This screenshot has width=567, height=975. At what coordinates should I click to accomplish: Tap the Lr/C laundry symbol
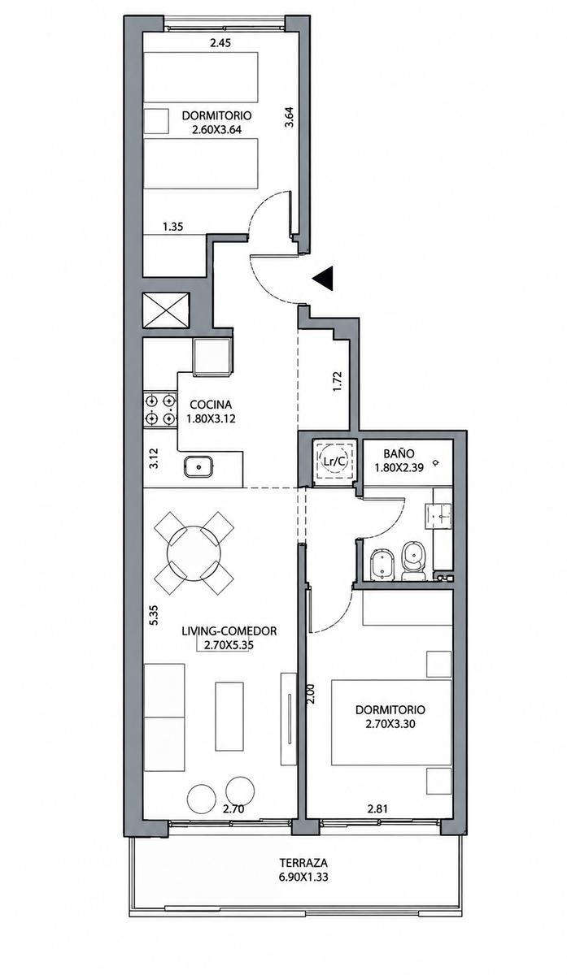[x=334, y=461]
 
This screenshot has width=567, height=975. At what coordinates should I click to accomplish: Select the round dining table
[x=193, y=552]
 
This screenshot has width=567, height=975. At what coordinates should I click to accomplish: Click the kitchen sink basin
[x=198, y=466]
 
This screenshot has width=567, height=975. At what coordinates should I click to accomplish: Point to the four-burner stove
[x=160, y=409]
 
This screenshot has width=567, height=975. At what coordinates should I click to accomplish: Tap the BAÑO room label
[x=399, y=453]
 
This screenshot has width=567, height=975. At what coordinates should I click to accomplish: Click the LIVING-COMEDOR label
[x=229, y=630]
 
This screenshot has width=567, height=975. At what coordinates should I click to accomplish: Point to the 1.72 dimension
[x=337, y=381]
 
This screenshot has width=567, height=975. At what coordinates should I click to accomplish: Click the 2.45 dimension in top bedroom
[x=220, y=42]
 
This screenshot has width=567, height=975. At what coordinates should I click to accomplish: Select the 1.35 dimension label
[x=173, y=227]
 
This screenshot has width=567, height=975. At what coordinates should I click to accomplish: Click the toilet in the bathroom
[x=413, y=561]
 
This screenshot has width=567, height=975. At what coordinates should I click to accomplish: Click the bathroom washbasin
[x=438, y=516]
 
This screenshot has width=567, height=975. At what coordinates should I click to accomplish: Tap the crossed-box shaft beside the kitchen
[x=166, y=310]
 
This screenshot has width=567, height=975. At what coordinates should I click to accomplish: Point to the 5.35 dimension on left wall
[x=154, y=615]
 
